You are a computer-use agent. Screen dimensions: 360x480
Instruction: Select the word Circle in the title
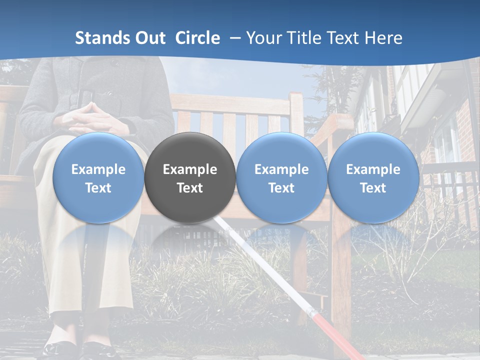click(x=197, y=38)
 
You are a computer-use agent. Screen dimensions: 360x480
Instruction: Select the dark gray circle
click(x=190, y=177)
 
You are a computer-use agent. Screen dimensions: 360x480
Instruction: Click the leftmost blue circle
click(x=98, y=177)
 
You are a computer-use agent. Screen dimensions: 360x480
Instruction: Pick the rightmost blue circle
click(x=373, y=177)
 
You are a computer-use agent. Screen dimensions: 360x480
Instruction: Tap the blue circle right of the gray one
click(x=281, y=177)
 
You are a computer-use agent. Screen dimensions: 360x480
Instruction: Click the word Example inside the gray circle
click(x=190, y=169)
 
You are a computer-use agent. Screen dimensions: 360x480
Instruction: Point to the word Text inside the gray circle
click(x=190, y=188)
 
